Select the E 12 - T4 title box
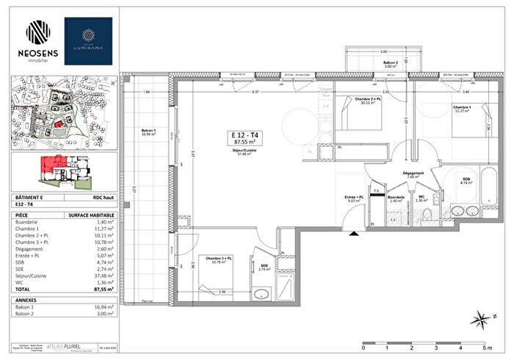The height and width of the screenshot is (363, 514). click(x=243, y=138)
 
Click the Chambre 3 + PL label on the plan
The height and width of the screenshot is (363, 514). click(x=219, y=260)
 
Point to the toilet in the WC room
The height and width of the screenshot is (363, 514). click(x=427, y=214)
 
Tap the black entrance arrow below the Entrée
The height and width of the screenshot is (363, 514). click(x=355, y=234)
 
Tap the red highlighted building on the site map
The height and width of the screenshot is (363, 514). click(x=57, y=125)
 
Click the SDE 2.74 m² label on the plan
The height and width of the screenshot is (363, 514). click(x=264, y=268)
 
